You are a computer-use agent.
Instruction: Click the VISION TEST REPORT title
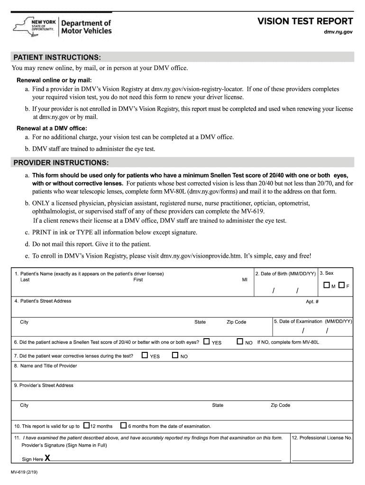(x=305, y=21)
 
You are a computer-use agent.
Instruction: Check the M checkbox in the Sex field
(x=327, y=285)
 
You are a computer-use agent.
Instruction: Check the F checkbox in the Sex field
(x=341, y=285)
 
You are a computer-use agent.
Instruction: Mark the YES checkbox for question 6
(x=207, y=341)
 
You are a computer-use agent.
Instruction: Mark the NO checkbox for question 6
(x=240, y=341)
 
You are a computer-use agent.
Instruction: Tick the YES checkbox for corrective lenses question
(x=145, y=355)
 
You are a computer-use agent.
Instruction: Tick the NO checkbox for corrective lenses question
(x=175, y=355)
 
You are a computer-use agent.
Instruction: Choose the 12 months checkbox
(x=86, y=425)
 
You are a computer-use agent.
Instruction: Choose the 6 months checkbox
(x=123, y=425)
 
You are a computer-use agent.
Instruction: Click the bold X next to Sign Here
(x=47, y=458)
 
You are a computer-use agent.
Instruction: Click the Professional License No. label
(x=322, y=438)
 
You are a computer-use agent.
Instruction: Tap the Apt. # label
(x=312, y=301)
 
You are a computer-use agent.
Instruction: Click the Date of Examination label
(x=313, y=321)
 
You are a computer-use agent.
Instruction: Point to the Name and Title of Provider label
(x=46, y=366)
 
